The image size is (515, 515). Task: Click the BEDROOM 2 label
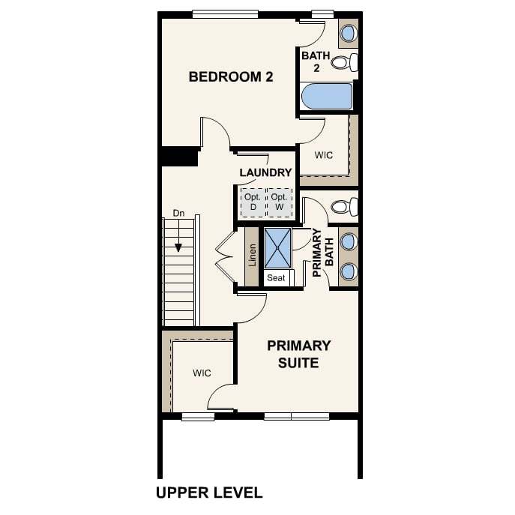pyautogui.click(x=231, y=77)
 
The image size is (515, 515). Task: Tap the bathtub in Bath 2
pyautogui.click(x=327, y=96)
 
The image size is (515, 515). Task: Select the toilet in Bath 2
pyautogui.click(x=344, y=62)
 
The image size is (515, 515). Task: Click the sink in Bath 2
pyautogui.click(x=349, y=33)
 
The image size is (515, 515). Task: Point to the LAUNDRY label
pyautogui.click(x=265, y=172)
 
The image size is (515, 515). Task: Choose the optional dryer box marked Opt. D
pyautogui.click(x=253, y=202)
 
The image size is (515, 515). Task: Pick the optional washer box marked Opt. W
pyautogui.click(x=279, y=202)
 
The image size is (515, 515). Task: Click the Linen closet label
pyautogui.click(x=252, y=255)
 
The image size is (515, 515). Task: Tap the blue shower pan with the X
pyautogui.click(x=278, y=248)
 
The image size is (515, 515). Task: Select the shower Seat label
pyautogui.click(x=276, y=278)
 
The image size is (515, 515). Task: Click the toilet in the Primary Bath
pyautogui.click(x=344, y=207)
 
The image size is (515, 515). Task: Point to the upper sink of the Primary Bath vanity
pyautogui.click(x=349, y=241)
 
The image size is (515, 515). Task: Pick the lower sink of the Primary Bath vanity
pyautogui.click(x=349, y=271)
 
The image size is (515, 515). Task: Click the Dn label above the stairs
pyautogui.click(x=178, y=214)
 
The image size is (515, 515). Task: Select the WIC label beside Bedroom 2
pyautogui.click(x=324, y=155)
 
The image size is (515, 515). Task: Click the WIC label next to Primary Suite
pyautogui.click(x=202, y=373)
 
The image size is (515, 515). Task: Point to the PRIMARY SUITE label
pyautogui.click(x=298, y=355)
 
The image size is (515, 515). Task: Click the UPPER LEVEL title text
pyautogui.click(x=209, y=493)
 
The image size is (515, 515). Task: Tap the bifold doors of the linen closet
pyautogui.click(x=226, y=257)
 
